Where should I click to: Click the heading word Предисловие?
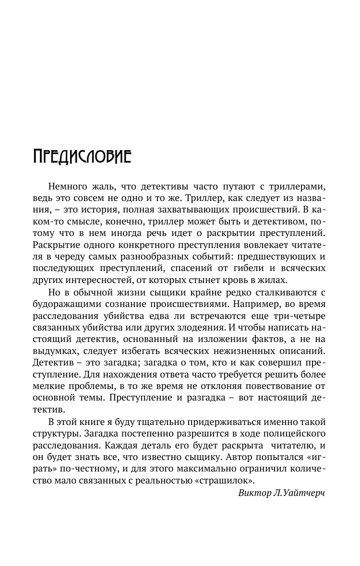point(82,156)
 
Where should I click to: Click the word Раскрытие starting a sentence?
point(58,245)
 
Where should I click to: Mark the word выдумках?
point(58,351)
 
